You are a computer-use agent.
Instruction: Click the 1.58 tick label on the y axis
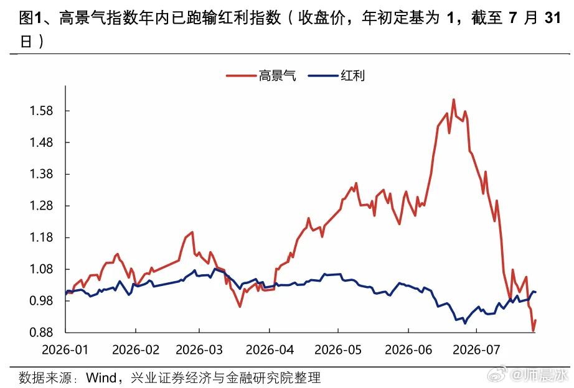tap(41, 111)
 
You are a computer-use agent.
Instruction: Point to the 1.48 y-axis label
tap(41, 142)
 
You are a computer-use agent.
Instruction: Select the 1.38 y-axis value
tap(41, 173)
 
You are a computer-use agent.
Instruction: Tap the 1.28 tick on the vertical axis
tap(41, 206)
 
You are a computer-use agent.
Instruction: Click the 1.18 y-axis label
tap(41, 238)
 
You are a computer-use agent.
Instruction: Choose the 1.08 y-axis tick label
tap(41, 269)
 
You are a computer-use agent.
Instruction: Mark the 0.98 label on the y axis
tap(41, 300)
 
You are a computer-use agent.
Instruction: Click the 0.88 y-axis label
tap(41, 332)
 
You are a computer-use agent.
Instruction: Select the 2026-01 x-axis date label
tap(65, 350)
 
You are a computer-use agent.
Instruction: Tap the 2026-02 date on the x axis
tap(136, 350)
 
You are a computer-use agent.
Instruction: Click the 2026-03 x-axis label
tap(199, 350)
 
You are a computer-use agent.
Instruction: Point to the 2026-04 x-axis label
tap(270, 350)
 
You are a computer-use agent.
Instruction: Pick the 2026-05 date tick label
tap(338, 350)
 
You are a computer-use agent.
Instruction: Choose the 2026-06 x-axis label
tap(408, 350)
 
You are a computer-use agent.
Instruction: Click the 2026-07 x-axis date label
tap(476, 350)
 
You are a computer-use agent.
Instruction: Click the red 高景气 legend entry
tap(261, 76)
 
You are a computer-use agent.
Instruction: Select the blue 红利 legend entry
tap(336, 76)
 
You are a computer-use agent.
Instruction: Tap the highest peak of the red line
tap(454, 99)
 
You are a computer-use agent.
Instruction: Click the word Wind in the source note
tap(101, 377)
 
